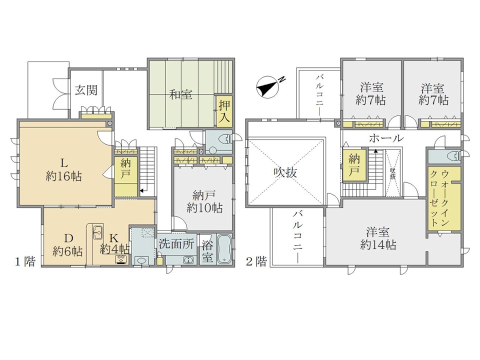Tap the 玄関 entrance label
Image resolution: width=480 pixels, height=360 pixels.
86,90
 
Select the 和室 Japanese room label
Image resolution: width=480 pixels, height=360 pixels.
181,94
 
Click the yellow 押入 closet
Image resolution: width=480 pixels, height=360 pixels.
224,111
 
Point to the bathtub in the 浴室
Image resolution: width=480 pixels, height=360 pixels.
224,249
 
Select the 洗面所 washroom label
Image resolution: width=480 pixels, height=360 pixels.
176,244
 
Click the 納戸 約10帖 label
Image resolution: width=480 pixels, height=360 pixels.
204,201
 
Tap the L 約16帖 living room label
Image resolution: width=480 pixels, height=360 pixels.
63,170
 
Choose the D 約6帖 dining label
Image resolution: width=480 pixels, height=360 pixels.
67,244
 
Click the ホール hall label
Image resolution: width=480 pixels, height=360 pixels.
386,138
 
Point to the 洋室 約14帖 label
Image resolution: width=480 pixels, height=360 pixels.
378,238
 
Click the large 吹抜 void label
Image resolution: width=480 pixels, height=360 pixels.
285,172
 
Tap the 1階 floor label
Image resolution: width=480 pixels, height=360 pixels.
25,261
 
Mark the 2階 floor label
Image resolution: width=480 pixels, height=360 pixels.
256,261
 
